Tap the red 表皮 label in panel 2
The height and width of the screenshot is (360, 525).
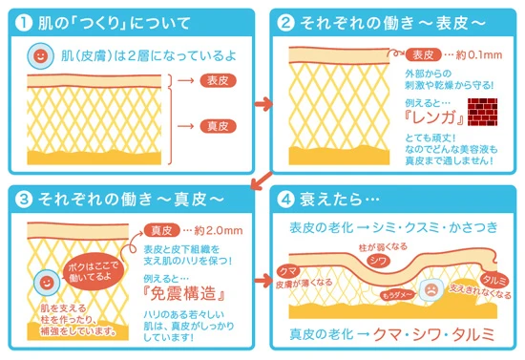click(x=424, y=54)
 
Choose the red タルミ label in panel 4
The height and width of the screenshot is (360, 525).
click(x=493, y=278)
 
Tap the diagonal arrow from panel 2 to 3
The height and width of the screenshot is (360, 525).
click(x=256, y=181)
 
